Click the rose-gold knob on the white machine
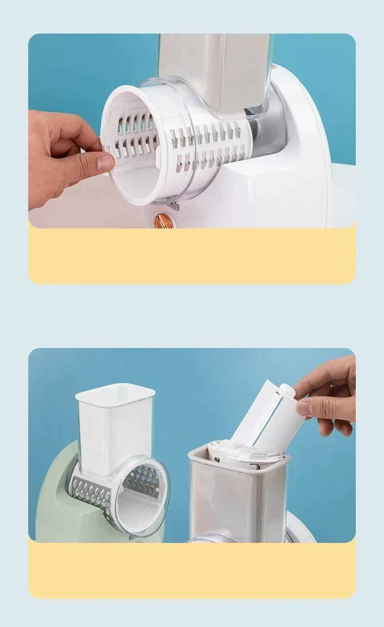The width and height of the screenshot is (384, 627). pos(163,221)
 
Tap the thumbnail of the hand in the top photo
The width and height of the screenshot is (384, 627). pos(105,161)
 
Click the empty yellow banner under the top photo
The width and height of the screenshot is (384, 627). pos(192,256)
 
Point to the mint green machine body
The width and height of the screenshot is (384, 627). pos(53,505)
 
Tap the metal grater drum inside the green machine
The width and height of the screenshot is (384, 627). pos(141,481)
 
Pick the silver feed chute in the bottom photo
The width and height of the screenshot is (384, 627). pos(238,501)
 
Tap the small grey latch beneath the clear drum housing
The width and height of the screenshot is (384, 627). pos(173,206)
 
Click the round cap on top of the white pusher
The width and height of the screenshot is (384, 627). pos(287,390)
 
